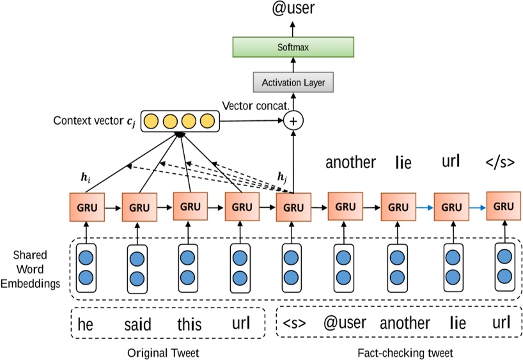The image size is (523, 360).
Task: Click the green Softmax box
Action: (292, 47)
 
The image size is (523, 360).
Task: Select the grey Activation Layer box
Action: (293, 82)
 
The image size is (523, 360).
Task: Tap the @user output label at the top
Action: (293, 10)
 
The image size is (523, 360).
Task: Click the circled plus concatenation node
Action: (293, 120)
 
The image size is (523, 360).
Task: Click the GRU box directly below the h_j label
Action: (293, 207)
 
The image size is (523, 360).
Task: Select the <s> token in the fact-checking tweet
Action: (294, 324)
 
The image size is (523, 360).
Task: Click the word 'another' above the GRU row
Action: (350, 162)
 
